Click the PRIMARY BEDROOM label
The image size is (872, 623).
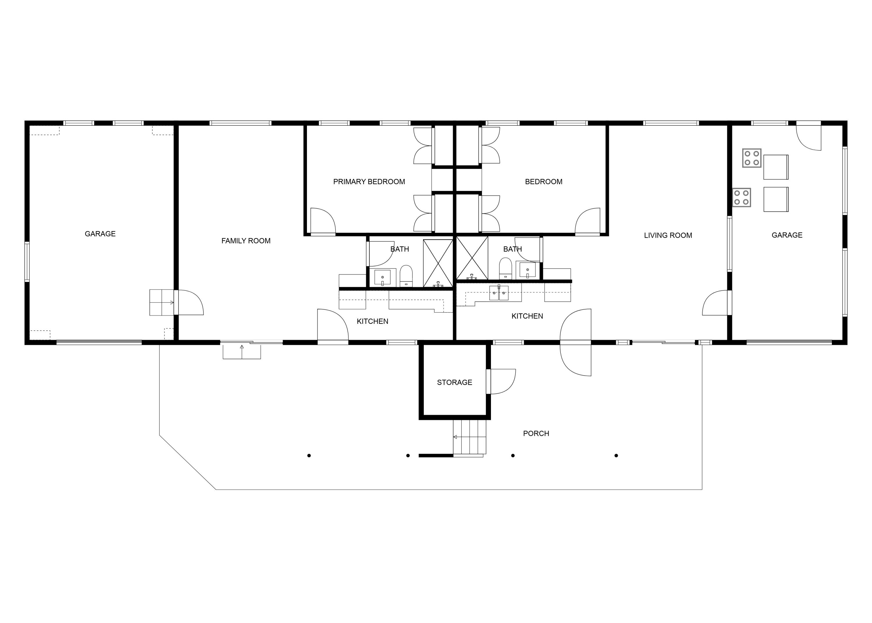click(369, 182)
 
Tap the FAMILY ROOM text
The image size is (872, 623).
click(246, 241)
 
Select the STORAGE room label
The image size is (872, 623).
click(454, 382)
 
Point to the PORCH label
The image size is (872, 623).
click(536, 433)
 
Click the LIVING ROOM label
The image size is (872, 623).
click(667, 235)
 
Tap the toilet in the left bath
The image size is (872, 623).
click(406, 276)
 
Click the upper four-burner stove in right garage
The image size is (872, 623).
click(751, 158)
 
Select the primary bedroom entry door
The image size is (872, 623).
click(323, 221)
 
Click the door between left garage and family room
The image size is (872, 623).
click(190, 303)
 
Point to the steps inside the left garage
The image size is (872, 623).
click(161, 302)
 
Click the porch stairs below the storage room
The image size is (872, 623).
click(469, 437)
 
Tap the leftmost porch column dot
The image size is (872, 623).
click(309, 455)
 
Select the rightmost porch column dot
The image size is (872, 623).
click(616, 455)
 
